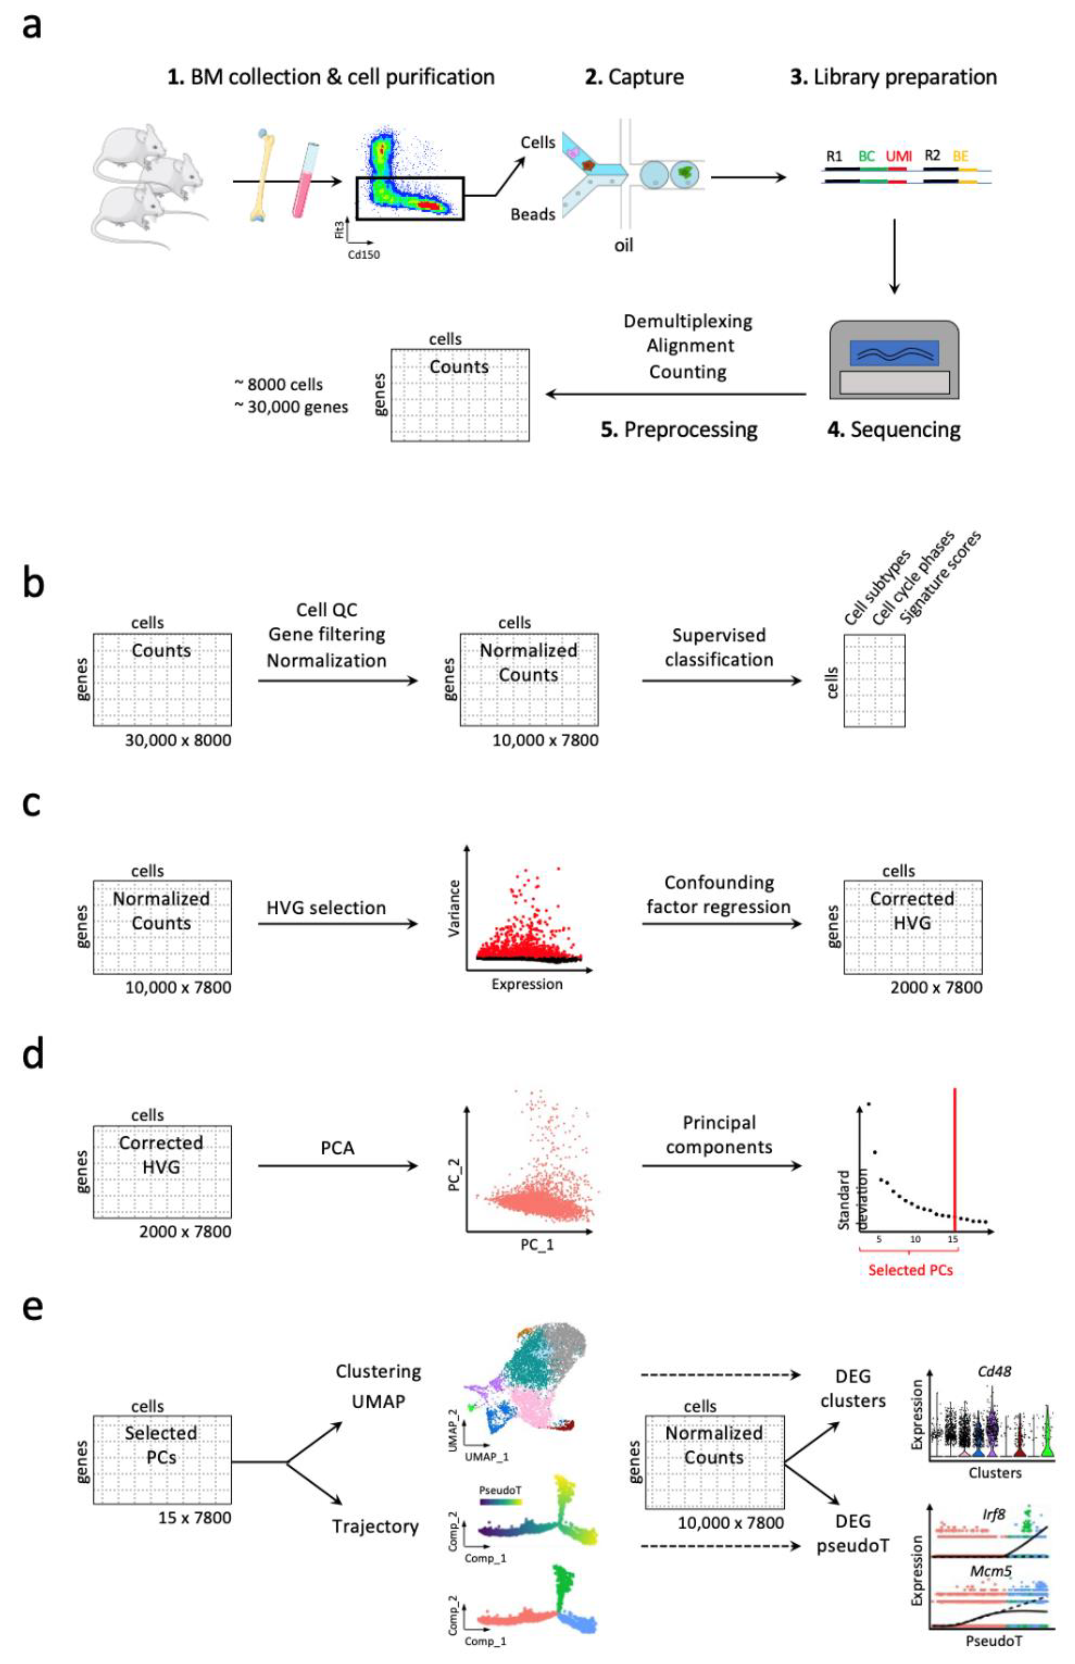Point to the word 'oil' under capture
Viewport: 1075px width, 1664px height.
(x=623, y=246)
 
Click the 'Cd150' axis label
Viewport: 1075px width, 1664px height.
(x=364, y=255)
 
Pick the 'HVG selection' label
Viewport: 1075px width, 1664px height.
(x=326, y=908)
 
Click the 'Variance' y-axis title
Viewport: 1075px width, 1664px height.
(x=454, y=908)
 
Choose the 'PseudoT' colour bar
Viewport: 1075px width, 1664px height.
(x=500, y=1501)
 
